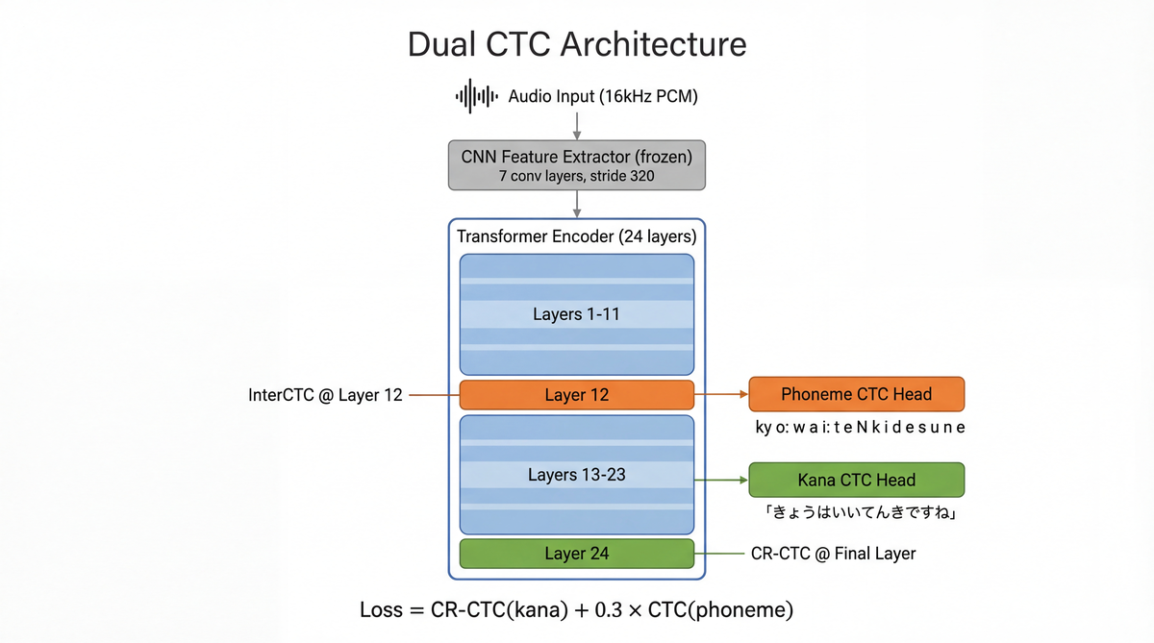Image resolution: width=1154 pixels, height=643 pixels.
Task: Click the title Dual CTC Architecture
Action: click(576, 44)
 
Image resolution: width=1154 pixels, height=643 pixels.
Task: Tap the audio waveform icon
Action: click(476, 96)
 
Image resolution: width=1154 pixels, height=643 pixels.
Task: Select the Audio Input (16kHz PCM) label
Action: click(603, 96)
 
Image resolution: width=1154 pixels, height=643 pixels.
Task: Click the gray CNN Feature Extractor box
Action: click(577, 163)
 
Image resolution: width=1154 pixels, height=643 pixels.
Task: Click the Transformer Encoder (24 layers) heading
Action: click(577, 236)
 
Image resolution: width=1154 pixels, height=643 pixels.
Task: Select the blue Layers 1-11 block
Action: click(577, 314)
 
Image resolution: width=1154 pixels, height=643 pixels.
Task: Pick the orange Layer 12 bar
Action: click(577, 395)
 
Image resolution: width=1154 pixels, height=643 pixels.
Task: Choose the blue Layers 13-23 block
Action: click(577, 475)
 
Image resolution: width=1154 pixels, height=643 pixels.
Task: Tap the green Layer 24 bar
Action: click(577, 554)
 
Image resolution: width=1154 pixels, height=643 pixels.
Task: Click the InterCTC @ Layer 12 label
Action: click(325, 395)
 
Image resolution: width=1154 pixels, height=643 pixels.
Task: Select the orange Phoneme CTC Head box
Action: click(856, 394)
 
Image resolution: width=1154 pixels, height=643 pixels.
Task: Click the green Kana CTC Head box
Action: click(856, 480)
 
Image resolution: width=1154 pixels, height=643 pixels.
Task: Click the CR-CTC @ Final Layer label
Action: click(833, 554)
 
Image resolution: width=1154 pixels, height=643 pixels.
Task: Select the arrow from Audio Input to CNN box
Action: click(577, 125)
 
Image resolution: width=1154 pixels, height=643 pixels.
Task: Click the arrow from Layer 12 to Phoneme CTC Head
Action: click(721, 394)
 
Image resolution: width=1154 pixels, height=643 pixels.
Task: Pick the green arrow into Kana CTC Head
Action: click(721, 480)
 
